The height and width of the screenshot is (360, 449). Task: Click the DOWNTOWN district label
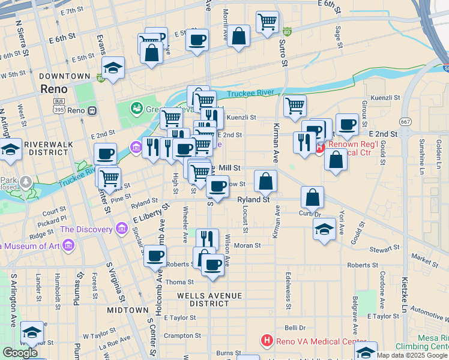[x=64, y=76]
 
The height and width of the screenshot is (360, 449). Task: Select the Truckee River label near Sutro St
[x=251, y=92]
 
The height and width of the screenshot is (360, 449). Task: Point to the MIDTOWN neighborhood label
[x=127, y=310]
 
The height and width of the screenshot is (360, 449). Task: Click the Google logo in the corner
[x=19, y=353]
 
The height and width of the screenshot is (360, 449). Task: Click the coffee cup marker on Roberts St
[x=155, y=256]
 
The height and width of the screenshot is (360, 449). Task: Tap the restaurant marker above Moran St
[x=207, y=238]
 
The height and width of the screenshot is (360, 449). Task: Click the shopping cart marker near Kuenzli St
[x=295, y=106]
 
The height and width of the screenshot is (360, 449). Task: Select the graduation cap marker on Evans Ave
[x=113, y=68]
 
